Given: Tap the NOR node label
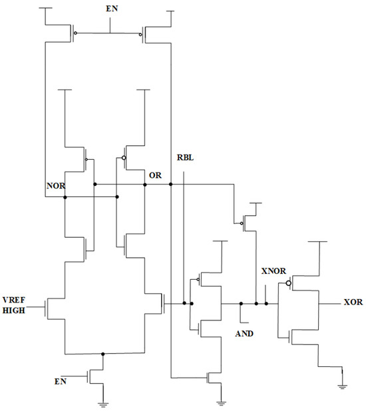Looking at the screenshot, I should tap(55, 187).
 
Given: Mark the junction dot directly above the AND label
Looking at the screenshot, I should tap(240, 304).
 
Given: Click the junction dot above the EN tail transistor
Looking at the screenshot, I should tap(103, 354).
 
